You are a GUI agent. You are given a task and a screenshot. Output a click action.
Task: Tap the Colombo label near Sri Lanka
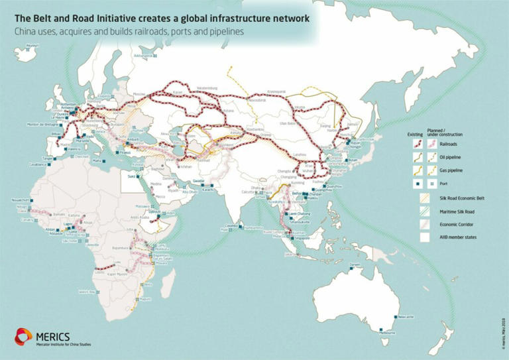pyautogui.click(x=230, y=226)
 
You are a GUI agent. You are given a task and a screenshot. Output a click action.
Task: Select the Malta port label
pyautogui.click(x=98, y=161)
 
